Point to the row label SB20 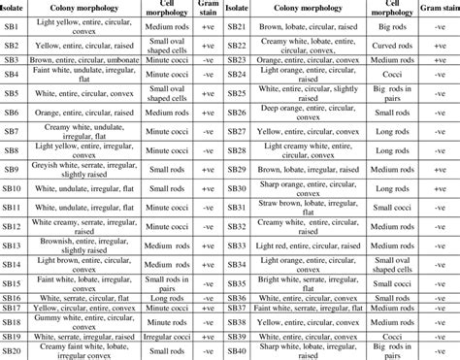14,350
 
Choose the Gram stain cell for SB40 435,350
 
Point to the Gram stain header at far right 435,10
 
